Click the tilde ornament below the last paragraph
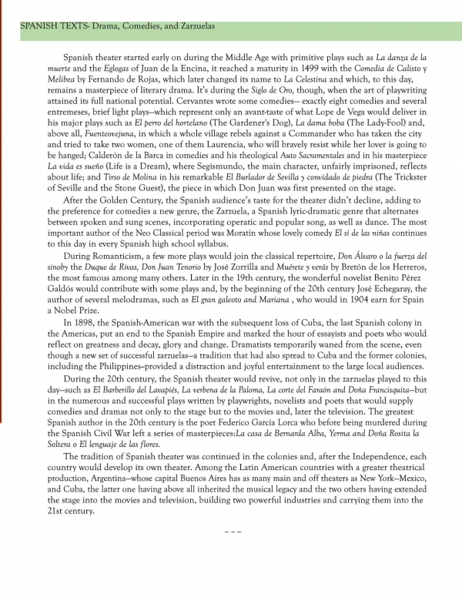click(232, 553)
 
